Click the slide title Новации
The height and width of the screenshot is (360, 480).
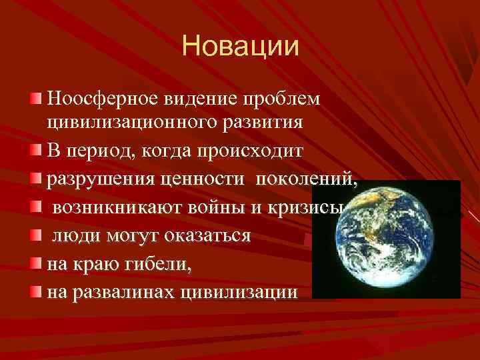240,47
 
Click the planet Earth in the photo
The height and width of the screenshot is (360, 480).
386,238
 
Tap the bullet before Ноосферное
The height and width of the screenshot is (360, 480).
35,100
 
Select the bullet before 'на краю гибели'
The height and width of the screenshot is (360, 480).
35,264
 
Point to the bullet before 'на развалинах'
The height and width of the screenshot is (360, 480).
35,292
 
